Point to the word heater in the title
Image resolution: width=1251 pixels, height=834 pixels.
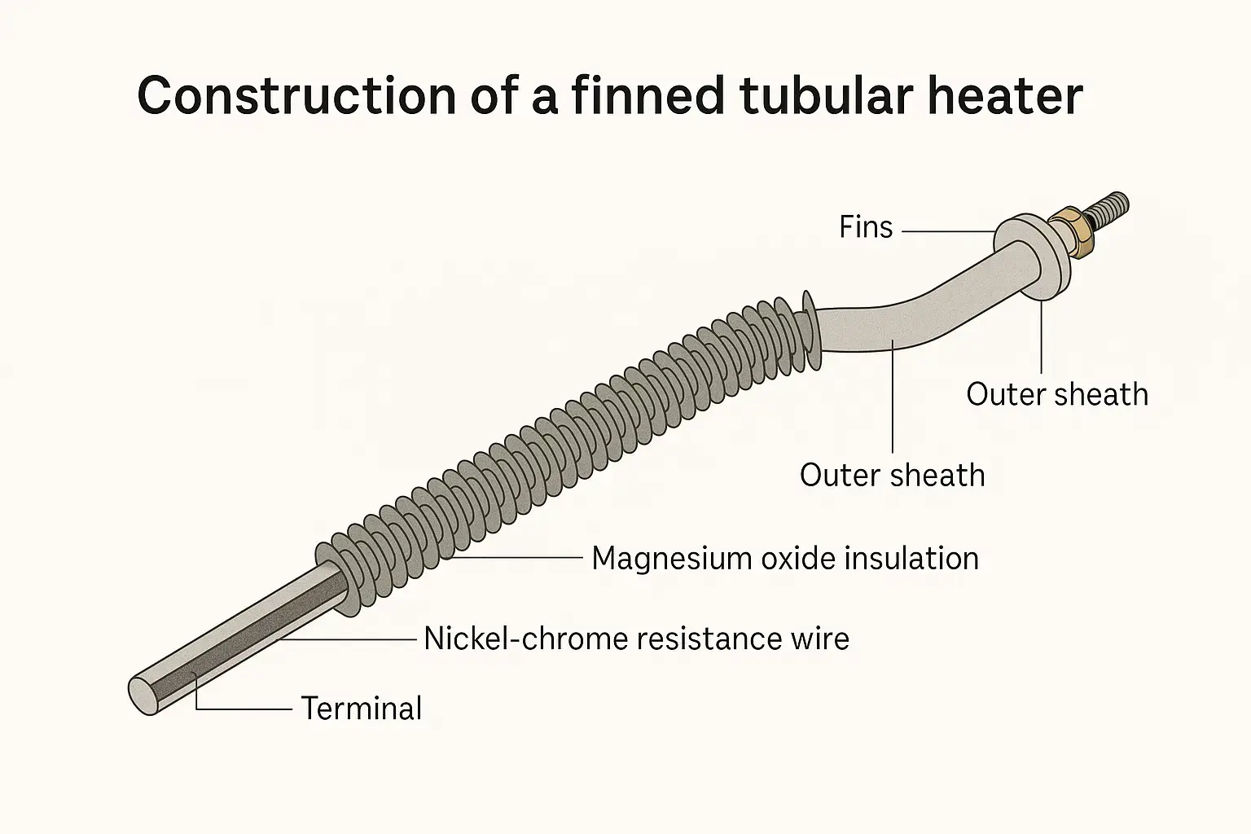(1005, 97)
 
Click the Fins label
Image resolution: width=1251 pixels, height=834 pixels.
(866, 227)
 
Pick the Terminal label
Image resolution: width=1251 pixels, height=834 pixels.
(362, 709)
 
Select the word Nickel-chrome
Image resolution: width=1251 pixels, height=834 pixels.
(526, 639)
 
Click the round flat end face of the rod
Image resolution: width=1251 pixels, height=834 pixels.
(143, 695)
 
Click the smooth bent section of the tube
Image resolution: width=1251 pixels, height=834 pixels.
(896, 322)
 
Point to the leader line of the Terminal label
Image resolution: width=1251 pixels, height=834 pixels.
(244, 709)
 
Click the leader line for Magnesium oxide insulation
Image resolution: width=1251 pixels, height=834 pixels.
(521, 558)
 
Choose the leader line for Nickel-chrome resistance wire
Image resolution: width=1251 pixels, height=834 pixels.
(350, 639)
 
